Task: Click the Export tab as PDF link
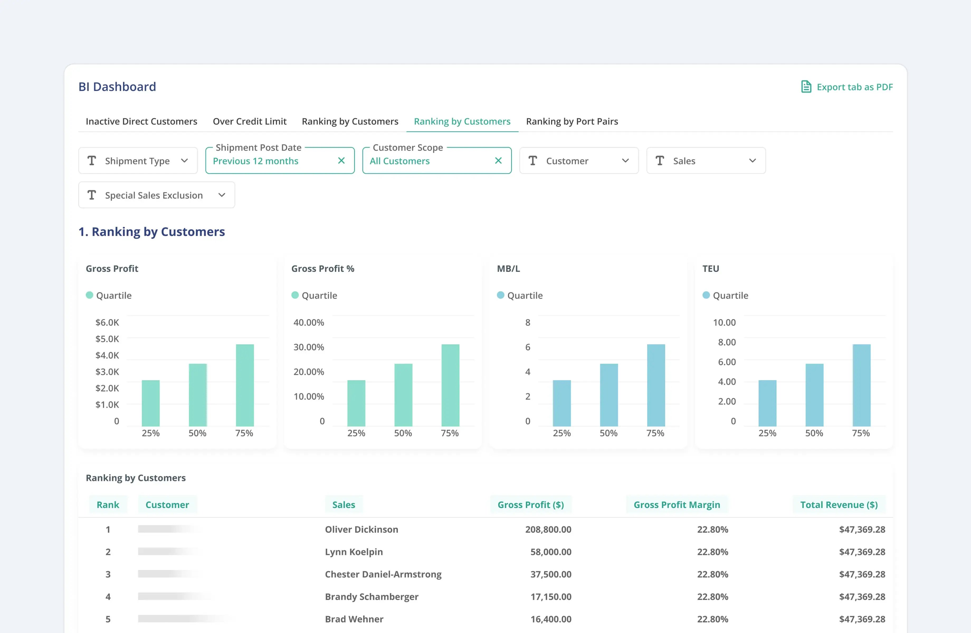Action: tap(847, 87)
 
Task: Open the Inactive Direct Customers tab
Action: tap(141, 122)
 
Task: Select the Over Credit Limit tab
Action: tap(249, 122)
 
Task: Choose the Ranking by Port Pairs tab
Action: tap(572, 122)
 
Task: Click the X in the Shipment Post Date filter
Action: tap(341, 161)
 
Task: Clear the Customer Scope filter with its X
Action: tap(498, 161)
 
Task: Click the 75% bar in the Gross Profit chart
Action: tap(245, 385)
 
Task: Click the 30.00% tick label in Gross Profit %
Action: tap(308, 347)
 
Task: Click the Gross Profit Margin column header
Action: tap(677, 505)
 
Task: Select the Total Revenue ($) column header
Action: tap(839, 505)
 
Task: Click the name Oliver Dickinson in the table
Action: tap(361, 529)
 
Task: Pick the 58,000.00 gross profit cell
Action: tap(550, 552)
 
